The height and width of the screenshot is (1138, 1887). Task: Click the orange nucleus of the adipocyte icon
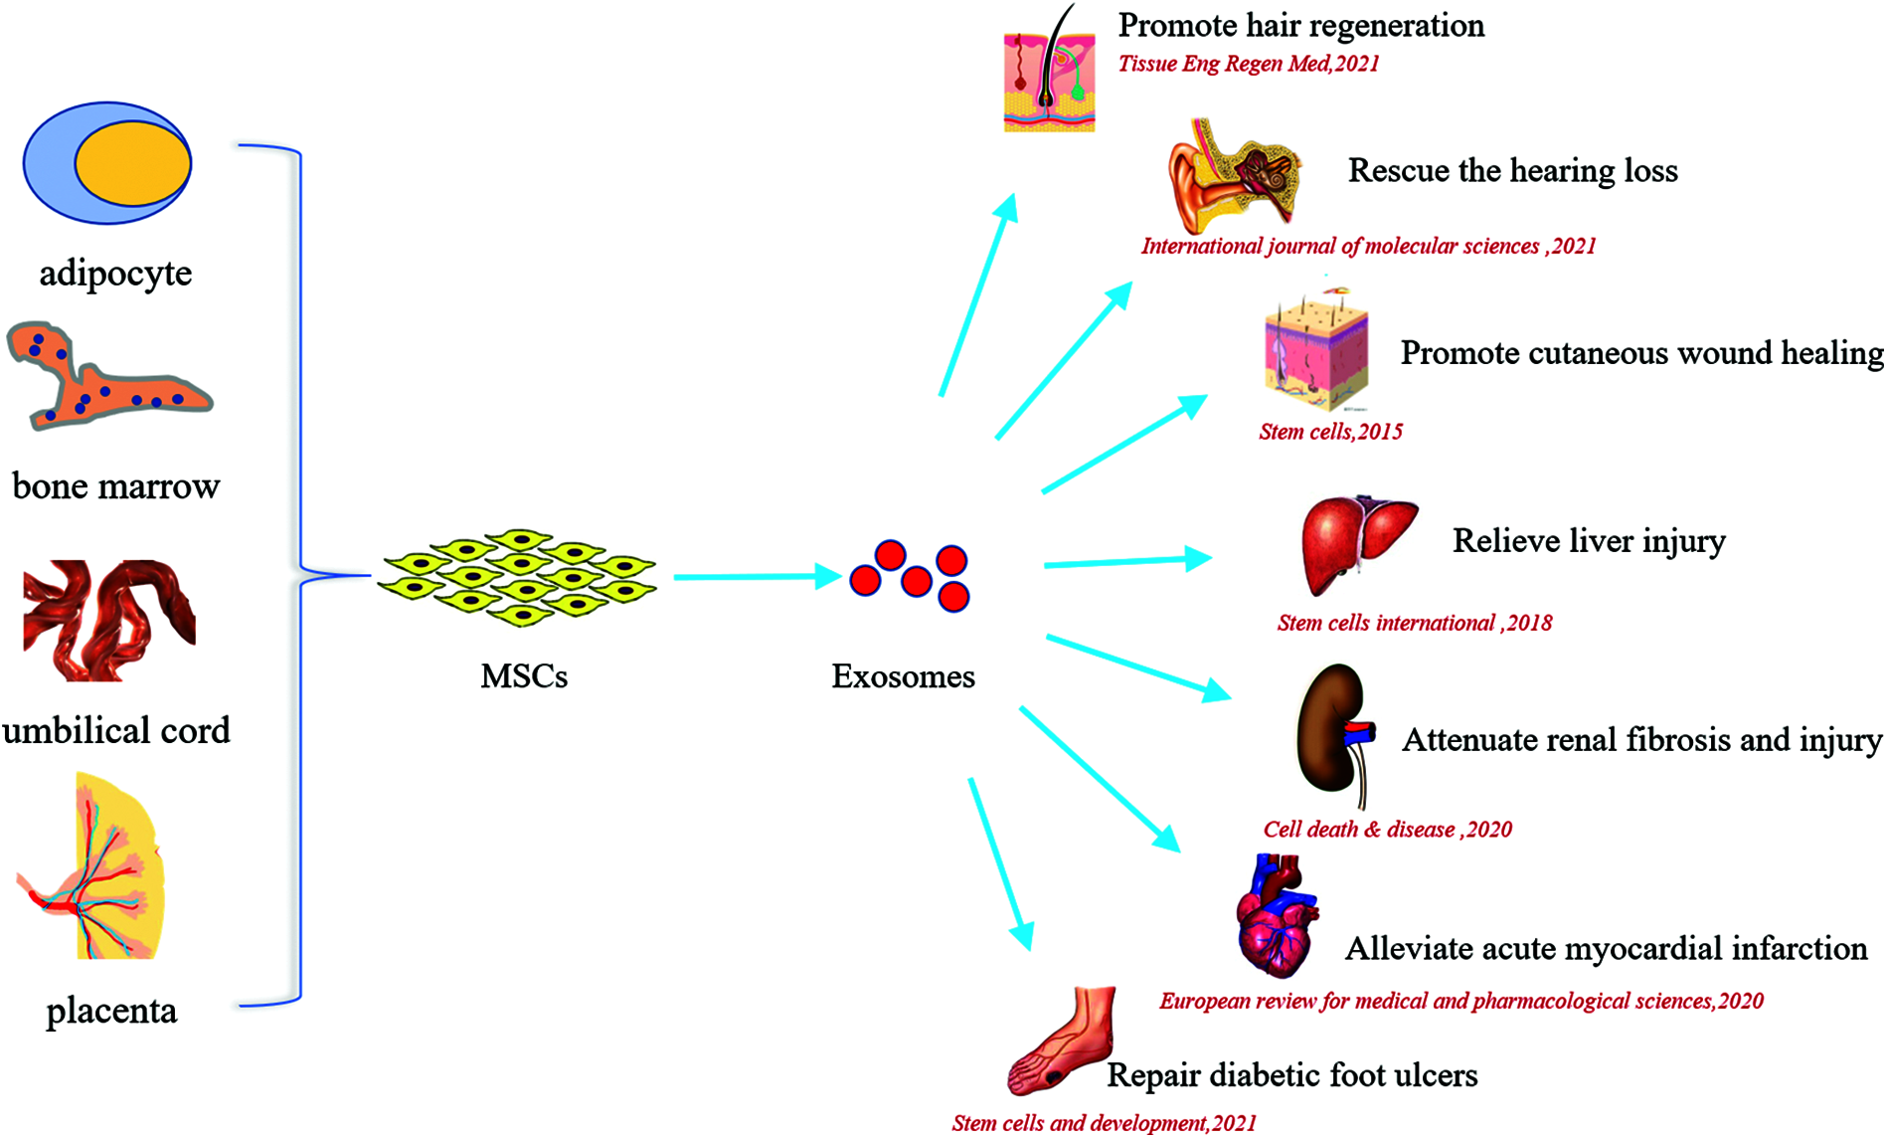[x=132, y=164]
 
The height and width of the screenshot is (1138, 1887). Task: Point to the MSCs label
[x=524, y=676]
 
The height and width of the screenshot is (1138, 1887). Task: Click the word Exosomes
[x=903, y=676]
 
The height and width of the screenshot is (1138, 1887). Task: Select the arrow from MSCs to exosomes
[x=756, y=576]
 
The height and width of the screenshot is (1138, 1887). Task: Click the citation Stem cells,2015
[x=1330, y=432]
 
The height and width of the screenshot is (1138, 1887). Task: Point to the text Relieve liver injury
[x=1589, y=541]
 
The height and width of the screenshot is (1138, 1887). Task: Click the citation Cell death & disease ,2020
[x=1387, y=830]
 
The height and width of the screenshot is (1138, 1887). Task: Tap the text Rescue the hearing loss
[x=1512, y=171]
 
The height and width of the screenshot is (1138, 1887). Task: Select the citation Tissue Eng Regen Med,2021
[x=1249, y=64]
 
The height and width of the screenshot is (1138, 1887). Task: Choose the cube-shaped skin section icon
[x=1315, y=354]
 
